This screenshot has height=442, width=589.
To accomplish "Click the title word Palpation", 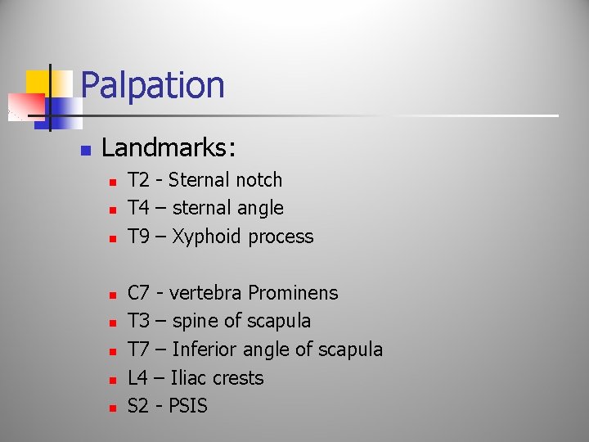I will [152, 85].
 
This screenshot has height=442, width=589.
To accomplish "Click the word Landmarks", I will [169, 147].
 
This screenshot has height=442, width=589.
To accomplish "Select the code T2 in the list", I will [140, 180].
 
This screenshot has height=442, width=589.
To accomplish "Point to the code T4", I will [140, 208].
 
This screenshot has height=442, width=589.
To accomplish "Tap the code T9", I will [140, 237].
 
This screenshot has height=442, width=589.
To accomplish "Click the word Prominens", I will [293, 293].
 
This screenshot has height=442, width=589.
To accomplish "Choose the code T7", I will [140, 350].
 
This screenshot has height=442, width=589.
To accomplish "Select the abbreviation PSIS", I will [188, 406].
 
